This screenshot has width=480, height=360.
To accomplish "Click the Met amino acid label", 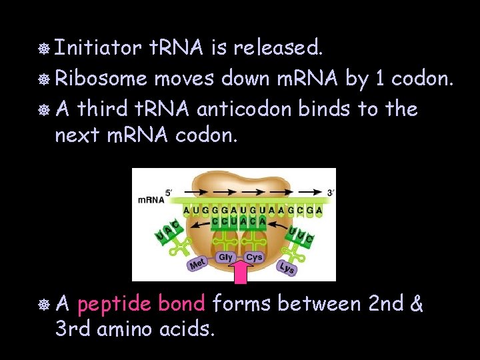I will coord(197,265).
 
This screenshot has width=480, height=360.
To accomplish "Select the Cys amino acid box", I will coord(254,257).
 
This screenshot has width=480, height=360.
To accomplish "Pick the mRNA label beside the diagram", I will coord(151,199).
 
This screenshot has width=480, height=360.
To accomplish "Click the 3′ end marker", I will coord(330,192).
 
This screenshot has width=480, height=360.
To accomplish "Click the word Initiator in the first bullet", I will coord(98,48).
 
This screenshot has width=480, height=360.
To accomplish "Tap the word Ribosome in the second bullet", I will coord(101,78).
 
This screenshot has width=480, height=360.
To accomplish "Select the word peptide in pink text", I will coord(114,305).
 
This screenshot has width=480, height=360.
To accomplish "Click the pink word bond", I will coord(181,305).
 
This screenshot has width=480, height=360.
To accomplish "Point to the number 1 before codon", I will coord(380,78).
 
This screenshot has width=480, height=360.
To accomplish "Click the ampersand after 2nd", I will coord(417,305).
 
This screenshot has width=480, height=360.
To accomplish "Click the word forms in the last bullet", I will coord(242,305).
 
